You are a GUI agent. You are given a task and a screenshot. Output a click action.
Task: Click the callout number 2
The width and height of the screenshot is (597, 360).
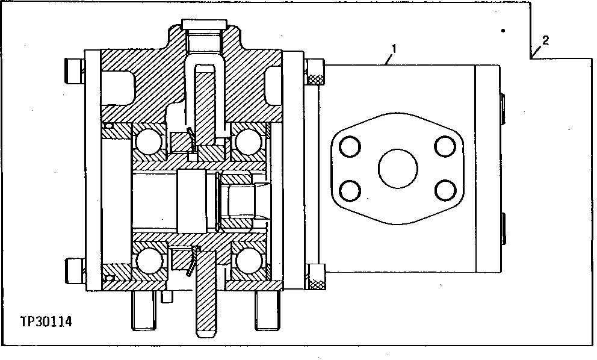pyautogui.click(x=545, y=41)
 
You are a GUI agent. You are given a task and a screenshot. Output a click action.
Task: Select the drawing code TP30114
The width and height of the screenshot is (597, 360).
pyautogui.click(x=46, y=322)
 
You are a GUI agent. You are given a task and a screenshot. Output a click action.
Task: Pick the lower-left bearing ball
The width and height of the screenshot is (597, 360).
pyautogui.click(x=146, y=261)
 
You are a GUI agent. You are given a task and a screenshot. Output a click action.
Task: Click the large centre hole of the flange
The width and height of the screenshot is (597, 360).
pyautogui.click(x=398, y=168)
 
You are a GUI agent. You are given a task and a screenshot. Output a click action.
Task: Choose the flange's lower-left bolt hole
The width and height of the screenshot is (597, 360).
pyautogui.click(x=350, y=191)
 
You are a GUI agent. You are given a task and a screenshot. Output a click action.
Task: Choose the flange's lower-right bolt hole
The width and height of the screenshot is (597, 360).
pyautogui.click(x=444, y=191)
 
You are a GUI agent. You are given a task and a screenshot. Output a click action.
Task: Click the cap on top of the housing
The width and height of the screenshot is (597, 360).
pyautogui.click(x=204, y=25)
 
